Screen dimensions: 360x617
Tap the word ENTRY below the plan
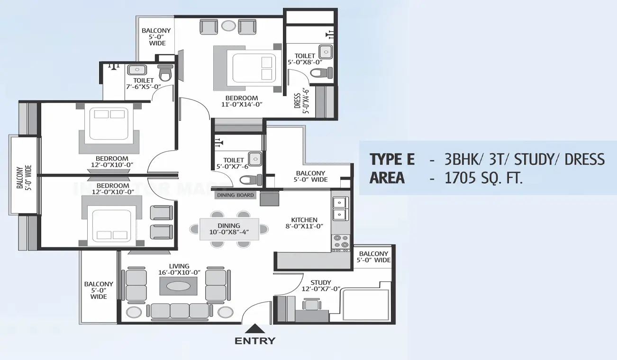click(255, 341)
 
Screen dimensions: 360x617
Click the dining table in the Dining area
click(229, 229)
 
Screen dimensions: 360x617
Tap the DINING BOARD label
click(236, 195)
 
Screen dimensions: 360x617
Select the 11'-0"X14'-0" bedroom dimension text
click(242, 105)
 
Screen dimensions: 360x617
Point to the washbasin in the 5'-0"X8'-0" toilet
click(325, 51)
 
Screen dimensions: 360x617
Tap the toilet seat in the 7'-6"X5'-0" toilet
click(164, 73)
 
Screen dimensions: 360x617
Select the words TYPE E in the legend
click(392, 159)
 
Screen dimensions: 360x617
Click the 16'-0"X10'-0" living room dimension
click(179, 272)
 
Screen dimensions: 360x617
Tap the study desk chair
click(311, 304)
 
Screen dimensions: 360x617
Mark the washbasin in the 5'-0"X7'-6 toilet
click(255, 158)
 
